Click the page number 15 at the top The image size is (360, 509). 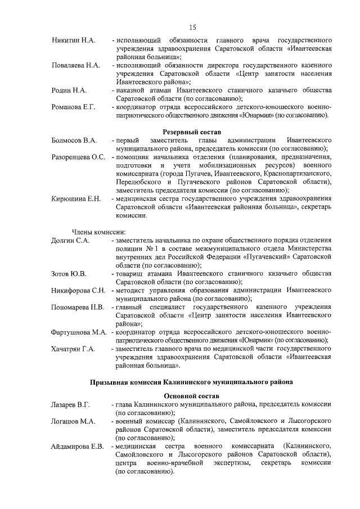coord(192,27)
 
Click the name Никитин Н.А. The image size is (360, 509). coord(74,41)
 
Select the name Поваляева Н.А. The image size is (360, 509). coord(76,66)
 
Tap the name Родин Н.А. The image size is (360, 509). coord(69,91)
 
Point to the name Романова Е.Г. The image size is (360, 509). coord(74,107)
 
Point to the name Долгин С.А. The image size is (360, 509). coord(71,240)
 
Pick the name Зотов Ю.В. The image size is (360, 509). coord(69,273)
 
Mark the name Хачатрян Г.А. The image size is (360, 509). coord(74,349)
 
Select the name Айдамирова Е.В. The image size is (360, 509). coord(78,446)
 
